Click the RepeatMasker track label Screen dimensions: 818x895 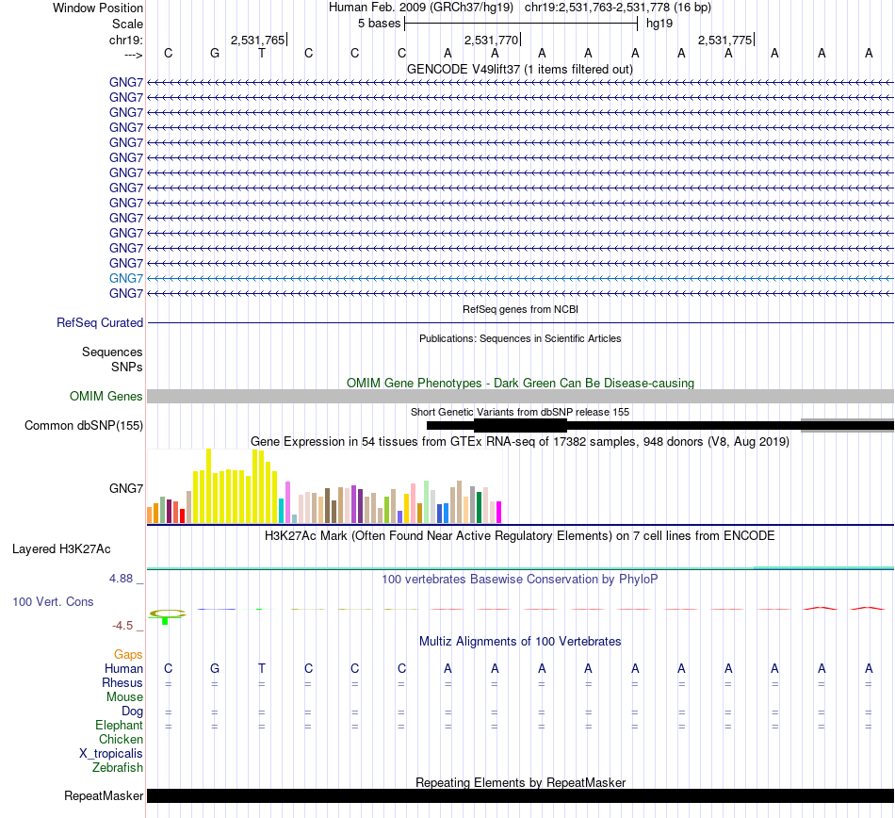click(104, 796)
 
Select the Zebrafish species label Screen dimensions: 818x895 click(118, 768)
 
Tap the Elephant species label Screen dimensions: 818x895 click(119, 726)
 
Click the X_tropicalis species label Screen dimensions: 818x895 click(111, 754)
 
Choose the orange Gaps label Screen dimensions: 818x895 click(128, 654)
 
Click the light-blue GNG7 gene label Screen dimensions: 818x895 click(126, 278)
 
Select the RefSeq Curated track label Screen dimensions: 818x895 click(100, 322)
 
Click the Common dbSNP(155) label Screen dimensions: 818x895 click(84, 425)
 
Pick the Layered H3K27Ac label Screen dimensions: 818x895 click(61, 548)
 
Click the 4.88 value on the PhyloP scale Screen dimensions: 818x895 click(126, 579)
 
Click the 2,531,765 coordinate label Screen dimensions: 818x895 click(257, 40)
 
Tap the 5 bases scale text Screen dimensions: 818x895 click(379, 23)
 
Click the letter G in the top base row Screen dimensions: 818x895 click(215, 53)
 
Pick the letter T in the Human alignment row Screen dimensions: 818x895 click(262, 668)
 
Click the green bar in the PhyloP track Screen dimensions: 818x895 click(165, 621)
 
